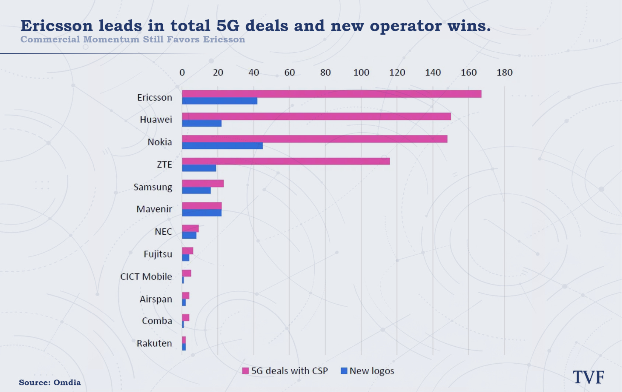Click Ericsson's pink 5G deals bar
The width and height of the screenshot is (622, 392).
point(332,94)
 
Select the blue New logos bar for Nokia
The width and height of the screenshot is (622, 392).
point(223,146)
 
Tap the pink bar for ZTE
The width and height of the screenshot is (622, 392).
point(286,161)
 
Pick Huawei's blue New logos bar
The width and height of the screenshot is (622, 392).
point(202,123)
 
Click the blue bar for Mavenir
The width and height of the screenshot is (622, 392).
point(202,213)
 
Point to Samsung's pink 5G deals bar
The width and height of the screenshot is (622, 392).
point(203,183)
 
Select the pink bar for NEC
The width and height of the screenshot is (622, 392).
point(191,228)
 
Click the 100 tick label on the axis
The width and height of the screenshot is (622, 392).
point(361,73)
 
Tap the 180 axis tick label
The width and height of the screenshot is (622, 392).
point(504,73)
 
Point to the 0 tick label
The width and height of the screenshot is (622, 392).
point(182,73)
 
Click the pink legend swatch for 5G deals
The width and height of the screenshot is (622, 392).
point(245,371)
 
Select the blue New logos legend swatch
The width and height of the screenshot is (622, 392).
point(344,371)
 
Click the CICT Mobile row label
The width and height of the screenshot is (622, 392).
point(146,277)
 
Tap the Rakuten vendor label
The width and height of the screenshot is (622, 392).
point(154,343)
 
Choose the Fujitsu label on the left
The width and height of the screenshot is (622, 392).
point(158,254)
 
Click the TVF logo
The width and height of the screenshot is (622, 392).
point(589,377)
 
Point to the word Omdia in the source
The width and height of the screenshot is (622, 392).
point(67,382)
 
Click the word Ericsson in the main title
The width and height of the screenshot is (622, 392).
point(57,26)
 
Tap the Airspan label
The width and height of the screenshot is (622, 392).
point(156,299)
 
